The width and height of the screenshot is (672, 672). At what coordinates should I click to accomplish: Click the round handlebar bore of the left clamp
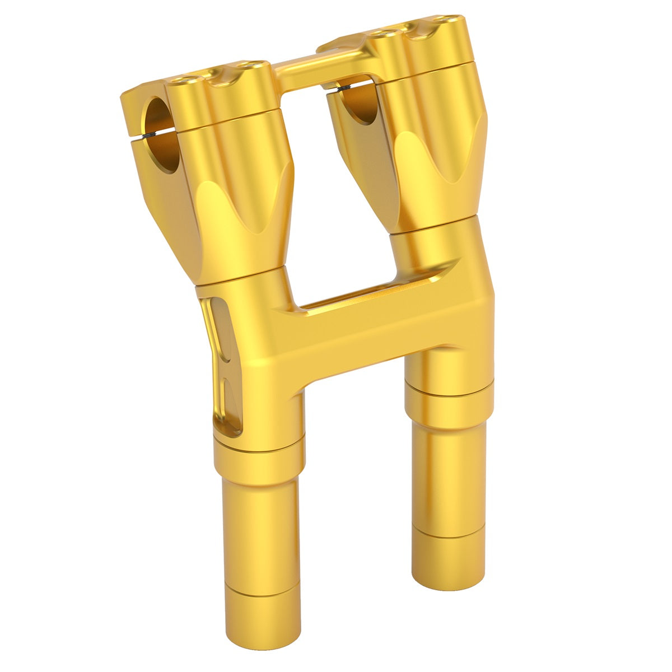click(x=162, y=134)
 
